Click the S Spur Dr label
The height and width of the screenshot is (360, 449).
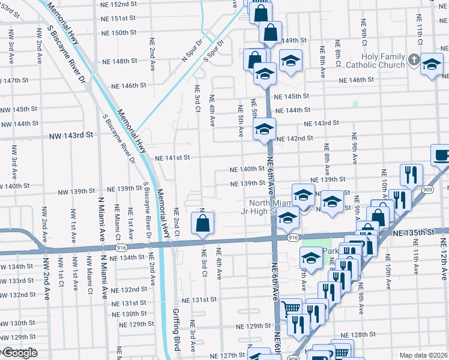(214, 52)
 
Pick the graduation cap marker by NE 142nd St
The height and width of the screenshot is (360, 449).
(264, 130)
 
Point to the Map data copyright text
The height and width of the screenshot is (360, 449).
(423, 355)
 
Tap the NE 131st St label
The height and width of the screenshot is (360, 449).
(200, 299)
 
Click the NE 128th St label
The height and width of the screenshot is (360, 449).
(358, 334)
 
